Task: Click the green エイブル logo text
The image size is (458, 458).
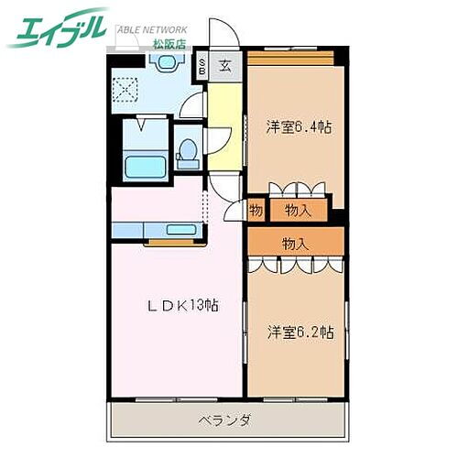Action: [x=57, y=28]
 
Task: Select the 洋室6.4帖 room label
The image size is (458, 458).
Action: [x=299, y=126]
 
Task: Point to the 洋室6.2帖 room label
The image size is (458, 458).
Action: [x=300, y=331]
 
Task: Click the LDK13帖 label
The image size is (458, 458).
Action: [x=184, y=305]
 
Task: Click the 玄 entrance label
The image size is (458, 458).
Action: [x=225, y=66]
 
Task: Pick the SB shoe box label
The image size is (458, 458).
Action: [x=202, y=66]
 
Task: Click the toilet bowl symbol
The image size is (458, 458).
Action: [x=188, y=152]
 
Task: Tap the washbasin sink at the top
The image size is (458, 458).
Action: [x=166, y=63]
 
